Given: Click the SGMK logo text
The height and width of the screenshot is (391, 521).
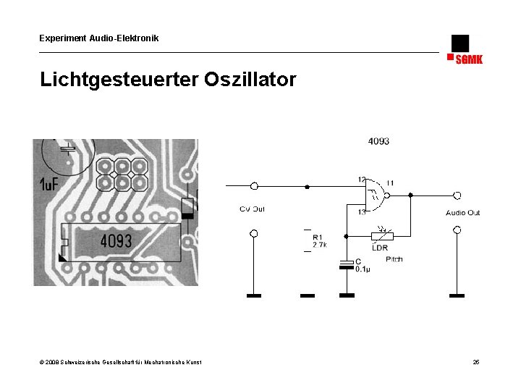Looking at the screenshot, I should pos(469,59).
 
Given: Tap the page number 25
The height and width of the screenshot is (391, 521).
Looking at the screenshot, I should pos(476,362).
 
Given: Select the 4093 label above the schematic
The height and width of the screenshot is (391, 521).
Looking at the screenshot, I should pos(378,141).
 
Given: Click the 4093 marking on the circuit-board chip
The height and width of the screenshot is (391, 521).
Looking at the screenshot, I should pos(116,240).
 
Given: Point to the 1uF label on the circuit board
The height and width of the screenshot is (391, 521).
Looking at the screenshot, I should pos(48,185).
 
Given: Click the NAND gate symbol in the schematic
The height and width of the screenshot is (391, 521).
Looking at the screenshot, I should pos(375,195).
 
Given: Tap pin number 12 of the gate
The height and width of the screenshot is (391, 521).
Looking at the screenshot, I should pos(361,180).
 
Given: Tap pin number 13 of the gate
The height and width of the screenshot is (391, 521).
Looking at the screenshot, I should pos(361,211).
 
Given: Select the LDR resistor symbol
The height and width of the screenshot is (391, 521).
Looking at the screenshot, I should pos(381,236).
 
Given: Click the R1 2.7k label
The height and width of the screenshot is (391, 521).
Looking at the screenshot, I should pos(319,241).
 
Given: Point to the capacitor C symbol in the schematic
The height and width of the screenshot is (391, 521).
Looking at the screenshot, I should pos(347,266).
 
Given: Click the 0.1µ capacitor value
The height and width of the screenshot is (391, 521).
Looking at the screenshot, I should pos(363,269).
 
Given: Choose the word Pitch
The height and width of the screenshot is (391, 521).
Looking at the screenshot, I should pos(394,258).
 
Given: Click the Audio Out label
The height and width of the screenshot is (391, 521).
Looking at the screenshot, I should pos(462,213).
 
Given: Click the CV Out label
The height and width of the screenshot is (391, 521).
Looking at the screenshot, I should pos(253,209).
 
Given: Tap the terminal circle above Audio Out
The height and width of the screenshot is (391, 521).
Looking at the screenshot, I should pos(457,195).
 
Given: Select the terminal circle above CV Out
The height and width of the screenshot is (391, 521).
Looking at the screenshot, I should pos(254,186).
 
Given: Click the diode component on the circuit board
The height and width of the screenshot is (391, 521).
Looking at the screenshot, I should pos(189,207).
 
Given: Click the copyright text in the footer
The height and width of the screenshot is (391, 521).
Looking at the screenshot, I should pos(121,362).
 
